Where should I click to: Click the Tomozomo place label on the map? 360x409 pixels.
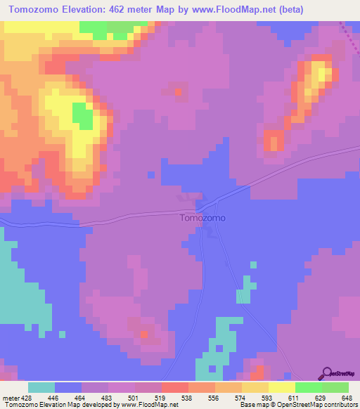coord(202,218)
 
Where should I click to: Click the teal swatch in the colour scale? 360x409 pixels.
coord(41,388)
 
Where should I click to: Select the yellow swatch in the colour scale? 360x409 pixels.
coord(281,388)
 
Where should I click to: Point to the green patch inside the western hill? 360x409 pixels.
coord(82,116)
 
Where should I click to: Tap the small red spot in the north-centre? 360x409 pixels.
coord(177,91)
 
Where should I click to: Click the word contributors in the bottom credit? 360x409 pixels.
coord(340,404)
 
